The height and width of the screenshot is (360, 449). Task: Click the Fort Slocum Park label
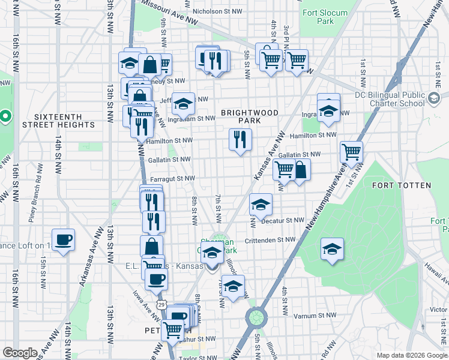325,17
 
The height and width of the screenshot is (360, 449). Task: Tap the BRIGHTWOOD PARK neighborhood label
249,116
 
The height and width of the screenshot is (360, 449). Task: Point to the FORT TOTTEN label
401,185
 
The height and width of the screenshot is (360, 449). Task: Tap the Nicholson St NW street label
215,11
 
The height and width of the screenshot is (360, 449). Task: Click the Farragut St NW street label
172,178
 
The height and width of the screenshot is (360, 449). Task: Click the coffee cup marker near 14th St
63,240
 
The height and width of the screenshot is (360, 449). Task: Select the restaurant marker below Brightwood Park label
240,140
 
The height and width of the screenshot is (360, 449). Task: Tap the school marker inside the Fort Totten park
331,249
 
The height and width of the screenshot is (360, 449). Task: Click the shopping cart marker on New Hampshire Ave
351,152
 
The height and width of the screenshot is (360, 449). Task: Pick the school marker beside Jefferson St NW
183,104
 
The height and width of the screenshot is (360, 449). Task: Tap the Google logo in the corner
20,353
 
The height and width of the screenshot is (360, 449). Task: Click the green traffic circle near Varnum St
256,316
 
